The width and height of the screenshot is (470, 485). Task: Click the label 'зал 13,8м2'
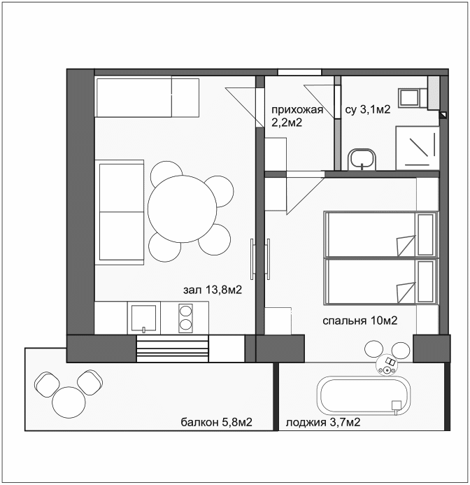click(214, 290)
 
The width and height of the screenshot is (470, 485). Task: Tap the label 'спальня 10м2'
click(360, 321)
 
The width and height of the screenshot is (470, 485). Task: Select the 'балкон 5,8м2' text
click(216, 422)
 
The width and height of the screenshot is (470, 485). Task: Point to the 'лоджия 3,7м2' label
click(323, 422)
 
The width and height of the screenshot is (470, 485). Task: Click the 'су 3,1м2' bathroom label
click(368, 110)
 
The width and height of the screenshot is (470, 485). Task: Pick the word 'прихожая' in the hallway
click(297, 110)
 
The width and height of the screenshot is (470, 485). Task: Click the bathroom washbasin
click(362, 158)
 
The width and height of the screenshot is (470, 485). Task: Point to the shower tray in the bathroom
click(418, 147)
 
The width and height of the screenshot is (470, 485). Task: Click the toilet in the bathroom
click(410, 97)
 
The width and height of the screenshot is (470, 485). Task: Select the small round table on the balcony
click(69, 402)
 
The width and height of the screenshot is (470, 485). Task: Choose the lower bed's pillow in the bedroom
click(425, 282)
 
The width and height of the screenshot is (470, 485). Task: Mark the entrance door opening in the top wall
click(299, 71)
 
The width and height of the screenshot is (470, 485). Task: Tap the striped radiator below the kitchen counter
click(172, 349)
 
